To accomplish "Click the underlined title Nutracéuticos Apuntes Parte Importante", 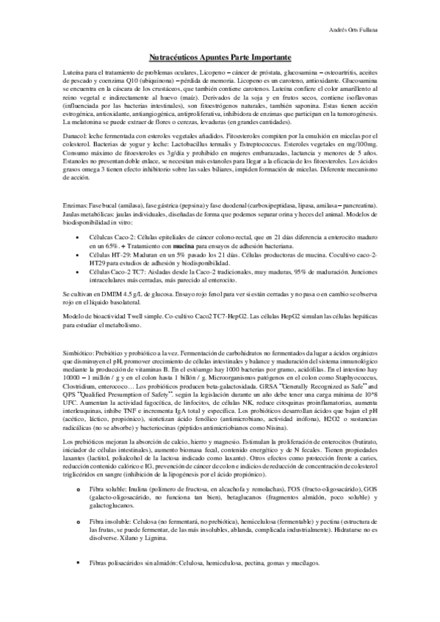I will pyautogui.click(x=220, y=56).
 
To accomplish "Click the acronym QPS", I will pyautogui.click(x=73, y=393).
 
